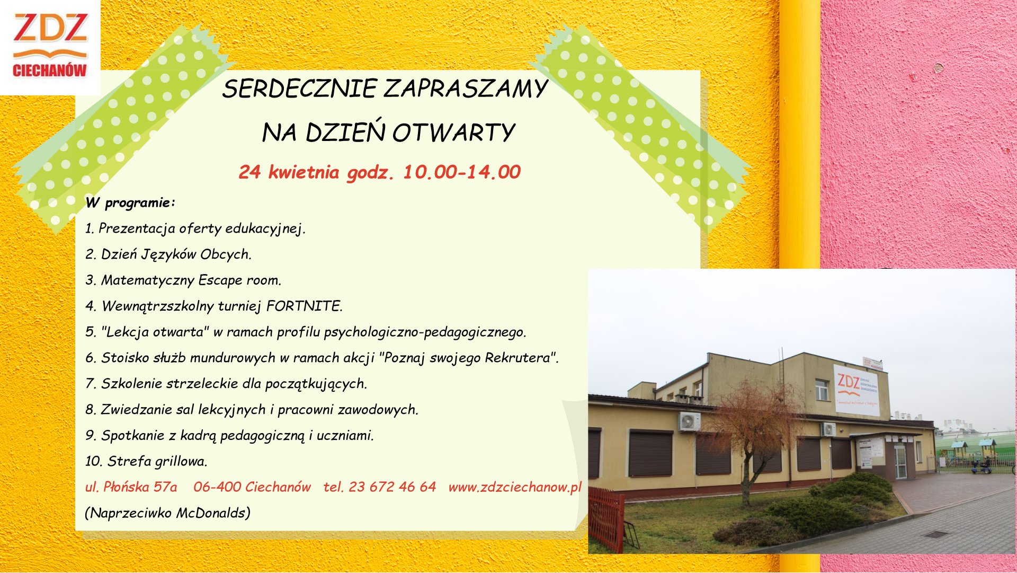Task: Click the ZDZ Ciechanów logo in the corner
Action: tap(50, 47)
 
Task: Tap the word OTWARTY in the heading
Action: tap(454, 133)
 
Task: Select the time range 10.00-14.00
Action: tap(462, 172)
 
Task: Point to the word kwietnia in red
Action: tap(304, 172)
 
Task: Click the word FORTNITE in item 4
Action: tap(304, 306)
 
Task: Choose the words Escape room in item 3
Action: tap(239, 280)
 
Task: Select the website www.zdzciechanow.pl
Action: tap(515, 487)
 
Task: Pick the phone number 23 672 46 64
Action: tap(392, 487)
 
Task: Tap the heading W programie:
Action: tap(130, 203)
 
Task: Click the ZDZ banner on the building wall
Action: tap(857, 390)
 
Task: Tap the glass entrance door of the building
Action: tap(900, 462)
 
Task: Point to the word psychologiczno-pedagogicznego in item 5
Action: tap(425, 332)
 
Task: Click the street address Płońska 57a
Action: tap(140, 487)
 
